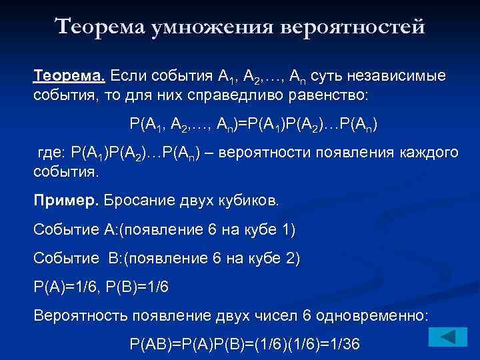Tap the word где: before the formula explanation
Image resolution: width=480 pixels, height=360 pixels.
coord(51,152)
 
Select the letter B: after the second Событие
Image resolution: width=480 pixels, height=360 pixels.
coord(113,257)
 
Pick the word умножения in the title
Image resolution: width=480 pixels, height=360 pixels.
coord(211,27)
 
